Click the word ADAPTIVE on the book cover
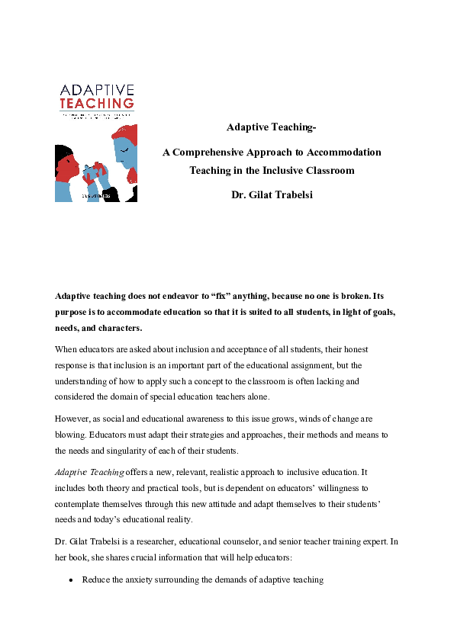[96, 90]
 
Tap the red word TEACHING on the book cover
[96, 102]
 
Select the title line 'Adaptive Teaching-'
[272, 126]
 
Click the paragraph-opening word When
[67, 349]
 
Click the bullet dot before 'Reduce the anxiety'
[70, 580]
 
